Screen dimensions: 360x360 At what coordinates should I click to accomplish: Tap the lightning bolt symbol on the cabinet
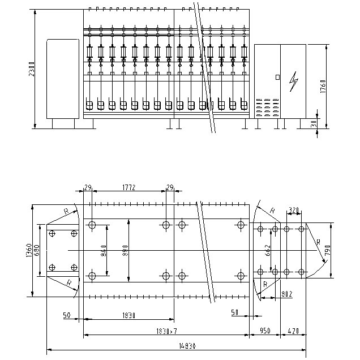[293, 83]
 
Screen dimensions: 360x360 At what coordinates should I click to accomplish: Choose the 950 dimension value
[265, 331]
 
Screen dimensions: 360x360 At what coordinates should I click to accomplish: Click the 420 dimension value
[294, 331]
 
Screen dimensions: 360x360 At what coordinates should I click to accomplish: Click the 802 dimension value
[286, 293]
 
